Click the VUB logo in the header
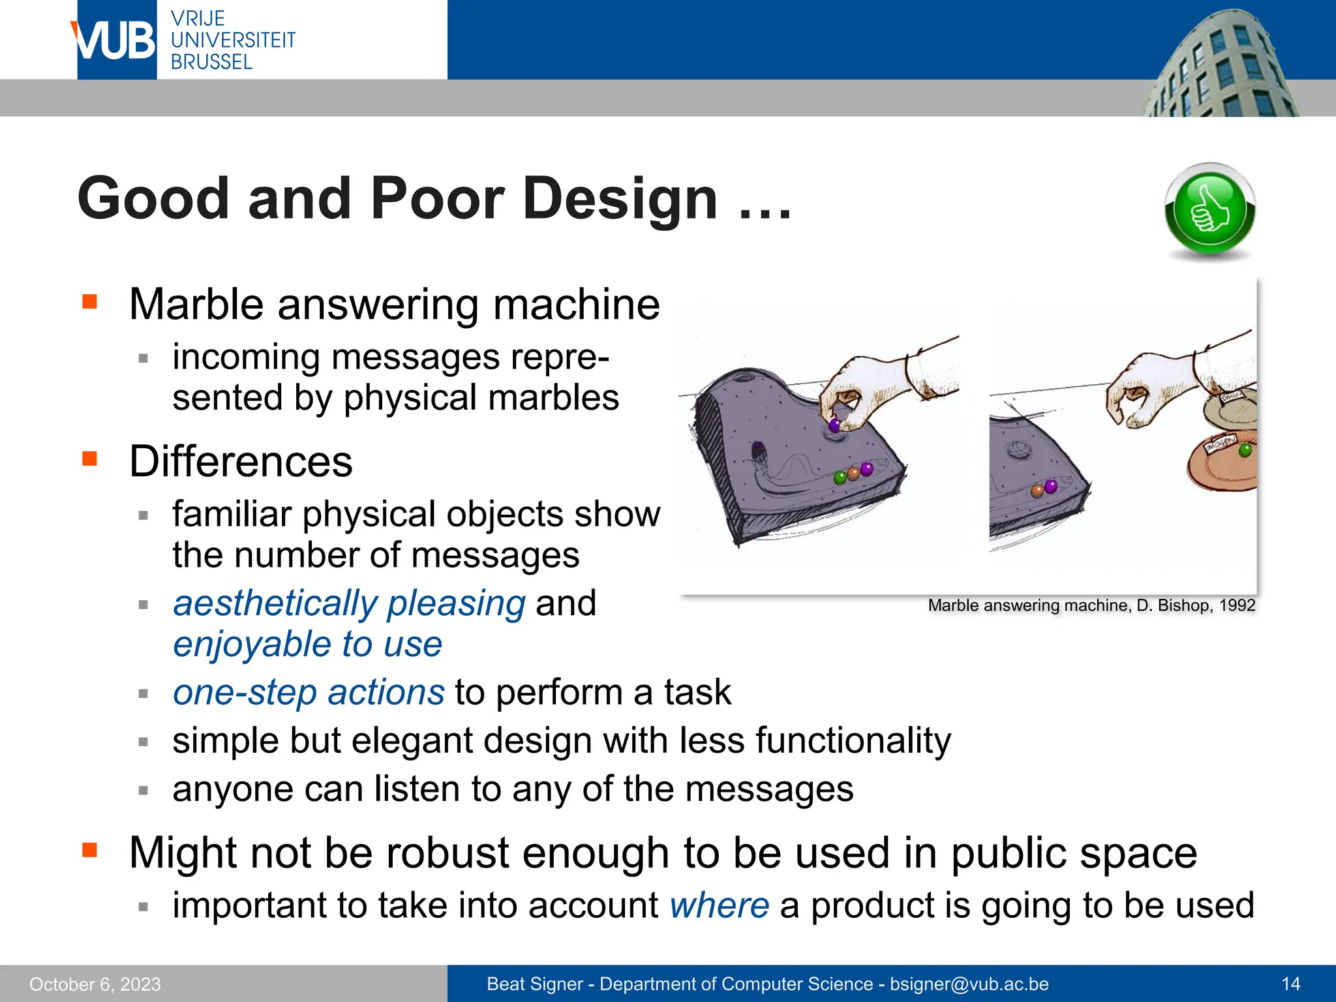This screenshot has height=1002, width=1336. point(116,40)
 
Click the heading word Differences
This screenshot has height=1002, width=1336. point(241,462)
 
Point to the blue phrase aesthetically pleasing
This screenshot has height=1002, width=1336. point(349,603)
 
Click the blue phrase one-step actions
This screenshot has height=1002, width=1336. point(309,692)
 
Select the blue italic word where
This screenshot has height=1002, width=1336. point(719,905)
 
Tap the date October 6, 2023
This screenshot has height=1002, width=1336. point(95,984)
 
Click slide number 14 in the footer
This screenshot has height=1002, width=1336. point(1290,984)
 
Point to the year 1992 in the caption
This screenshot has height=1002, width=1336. point(1237,605)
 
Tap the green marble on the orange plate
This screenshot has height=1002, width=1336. point(1245,449)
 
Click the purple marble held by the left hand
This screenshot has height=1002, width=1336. point(834,426)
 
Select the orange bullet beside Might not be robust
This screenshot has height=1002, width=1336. point(89,851)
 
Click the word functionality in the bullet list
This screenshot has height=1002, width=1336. point(853,740)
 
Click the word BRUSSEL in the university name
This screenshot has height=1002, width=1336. point(211,62)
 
